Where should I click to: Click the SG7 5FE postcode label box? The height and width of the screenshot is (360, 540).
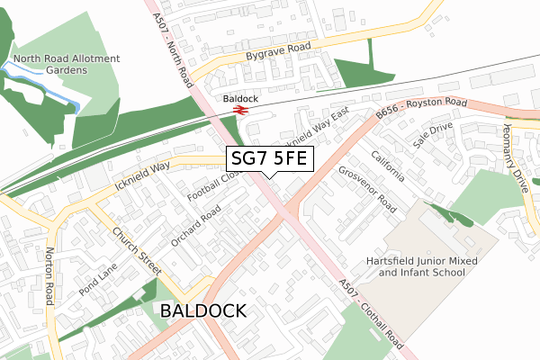click(x=268, y=159)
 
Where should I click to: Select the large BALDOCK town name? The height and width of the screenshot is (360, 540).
click(x=202, y=311)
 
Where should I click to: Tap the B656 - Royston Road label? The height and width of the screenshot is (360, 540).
click(x=420, y=109)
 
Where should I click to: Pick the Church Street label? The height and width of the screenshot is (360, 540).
click(x=137, y=250)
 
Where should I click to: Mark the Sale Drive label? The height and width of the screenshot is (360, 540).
click(x=429, y=136)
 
